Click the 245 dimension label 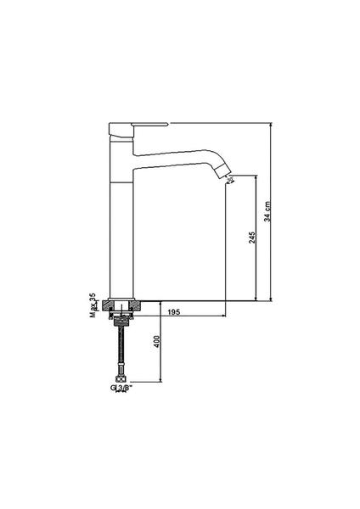252,238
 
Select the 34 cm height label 267,211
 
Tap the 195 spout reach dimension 174,312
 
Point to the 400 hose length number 157,341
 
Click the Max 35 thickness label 93,305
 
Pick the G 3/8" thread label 121,388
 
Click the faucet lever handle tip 167,124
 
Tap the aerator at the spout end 224,171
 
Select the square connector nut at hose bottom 121,378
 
